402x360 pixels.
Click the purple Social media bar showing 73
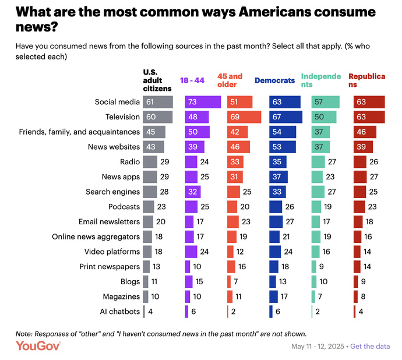tap(203, 102)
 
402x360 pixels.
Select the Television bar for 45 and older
tap(244, 117)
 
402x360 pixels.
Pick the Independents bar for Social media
tap(325, 102)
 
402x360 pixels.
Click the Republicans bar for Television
tap(369, 117)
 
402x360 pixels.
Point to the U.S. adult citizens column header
tap(157, 80)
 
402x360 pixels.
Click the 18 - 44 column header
tap(193, 80)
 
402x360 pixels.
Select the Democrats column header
tap(274, 80)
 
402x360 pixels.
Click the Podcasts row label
tap(124, 206)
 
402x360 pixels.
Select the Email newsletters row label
tap(109, 221)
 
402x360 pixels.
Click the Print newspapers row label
tap(110, 266)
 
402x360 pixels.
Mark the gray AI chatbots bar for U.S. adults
tap(144, 311)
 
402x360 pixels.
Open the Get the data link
tap(370, 347)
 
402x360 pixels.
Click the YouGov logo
tap(38, 346)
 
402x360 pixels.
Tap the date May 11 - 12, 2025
tap(318, 347)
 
